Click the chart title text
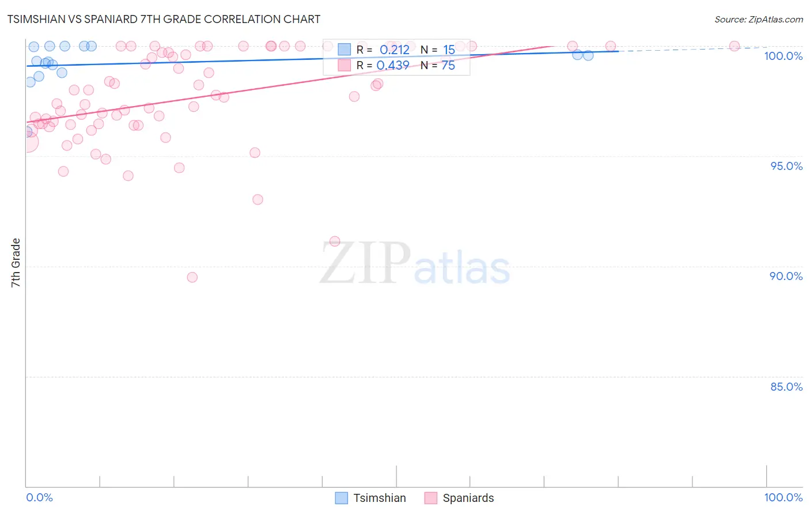pyautogui.click(x=164, y=19)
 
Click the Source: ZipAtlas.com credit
pyautogui.click(x=758, y=20)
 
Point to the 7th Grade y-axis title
pyautogui.click(x=16, y=263)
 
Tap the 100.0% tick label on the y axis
pyautogui.click(x=783, y=56)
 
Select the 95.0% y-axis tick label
pyautogui.click(x=786, y=166)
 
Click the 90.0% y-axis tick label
pyautogui.click(x=786, y=276)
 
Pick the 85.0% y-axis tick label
pyautogui.click(x=786, y=387)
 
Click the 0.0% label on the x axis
pyautogui.click(x=39, y=497)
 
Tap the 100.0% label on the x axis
pyautogui.click(x=783, y=497)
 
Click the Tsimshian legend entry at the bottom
pyautogui.click(x=371, y=498)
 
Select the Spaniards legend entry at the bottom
pyautogui.click(x=460, y=498)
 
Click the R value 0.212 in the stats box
pyautogui.click(x=394, y=50)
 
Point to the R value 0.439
pyautogui.click(x=392, y=65)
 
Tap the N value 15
pyautogui.click(x=449, y=50)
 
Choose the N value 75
pyautogui.click(x=448, y=65)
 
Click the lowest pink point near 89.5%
pyautogui.click(x=192, y=277)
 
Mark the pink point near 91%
pyautogui.click(x=335, y=241)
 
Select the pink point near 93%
pyautogui.click(x=258, y=199)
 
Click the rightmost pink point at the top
pyautogui.click(x=735, y=46)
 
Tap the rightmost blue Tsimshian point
pyautogui.click(x=588, y=55)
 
